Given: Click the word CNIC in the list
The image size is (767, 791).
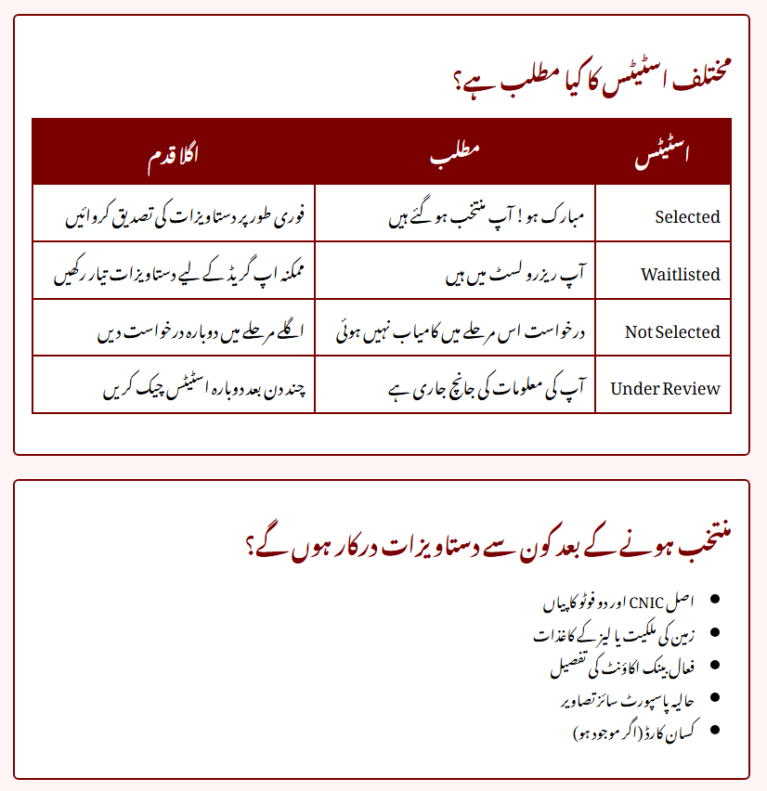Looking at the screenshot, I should coord(647,603).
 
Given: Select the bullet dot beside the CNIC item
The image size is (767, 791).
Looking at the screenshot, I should coord(714,602).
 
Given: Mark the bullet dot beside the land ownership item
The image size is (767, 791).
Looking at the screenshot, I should coord(714,633).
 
